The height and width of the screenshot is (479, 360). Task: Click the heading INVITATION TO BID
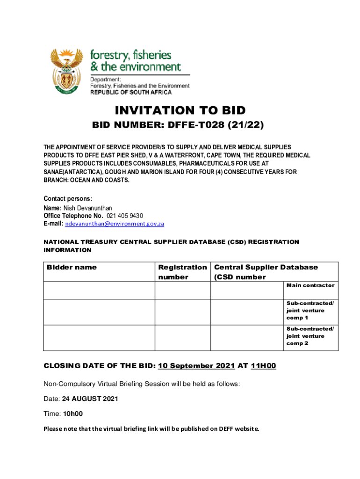[x=180, y=110]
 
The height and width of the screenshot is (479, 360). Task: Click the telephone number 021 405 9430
[x=125, y=216]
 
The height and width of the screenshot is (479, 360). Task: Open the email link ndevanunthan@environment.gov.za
[x=115, y=224]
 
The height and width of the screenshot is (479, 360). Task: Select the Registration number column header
[x=182, y=272]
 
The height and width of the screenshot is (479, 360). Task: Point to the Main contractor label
[x=310, y=285]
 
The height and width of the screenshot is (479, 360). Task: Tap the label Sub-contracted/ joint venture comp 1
[x=310, y=310]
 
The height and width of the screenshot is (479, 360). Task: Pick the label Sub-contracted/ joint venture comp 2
[x=310, y=336]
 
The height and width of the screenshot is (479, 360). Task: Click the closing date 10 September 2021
[x=196, y=366]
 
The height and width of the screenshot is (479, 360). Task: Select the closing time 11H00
[x=264, y=366]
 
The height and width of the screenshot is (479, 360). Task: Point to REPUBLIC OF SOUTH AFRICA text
[x=131, y=93]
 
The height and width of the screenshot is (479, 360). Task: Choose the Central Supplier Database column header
[x=266, y=272]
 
